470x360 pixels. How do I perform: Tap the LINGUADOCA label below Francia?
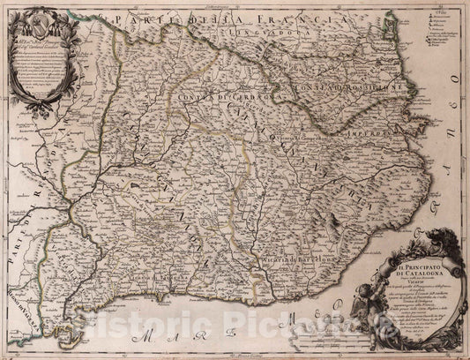[250, 38]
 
